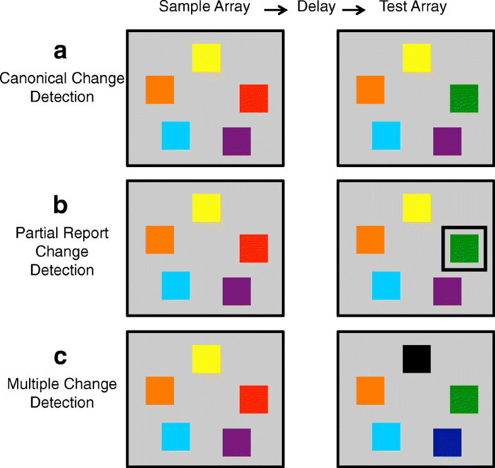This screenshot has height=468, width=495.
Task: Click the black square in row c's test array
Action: [x=417, y=358]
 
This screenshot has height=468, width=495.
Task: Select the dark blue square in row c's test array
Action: [x=447, y=442]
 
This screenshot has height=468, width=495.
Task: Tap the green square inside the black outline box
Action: [x=464, y=249]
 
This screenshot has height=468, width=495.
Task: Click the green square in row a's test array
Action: [x=464, y=98]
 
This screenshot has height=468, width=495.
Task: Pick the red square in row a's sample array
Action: [x=253, y=98]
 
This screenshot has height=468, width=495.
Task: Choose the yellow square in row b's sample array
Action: [x=206, y=208]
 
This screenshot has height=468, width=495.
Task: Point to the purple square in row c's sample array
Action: [x=236, y=442]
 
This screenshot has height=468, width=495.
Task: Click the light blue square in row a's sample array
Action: [x=176, y=136]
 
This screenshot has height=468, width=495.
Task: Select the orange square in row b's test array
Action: [x=370, y=240]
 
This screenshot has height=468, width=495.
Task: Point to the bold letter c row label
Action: [x=61, y=356]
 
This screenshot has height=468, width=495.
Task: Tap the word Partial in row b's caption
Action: [x=33, y=233]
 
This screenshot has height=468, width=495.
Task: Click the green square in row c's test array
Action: [x=464, y=399]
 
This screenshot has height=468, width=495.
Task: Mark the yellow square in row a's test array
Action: [x=417, y=57]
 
